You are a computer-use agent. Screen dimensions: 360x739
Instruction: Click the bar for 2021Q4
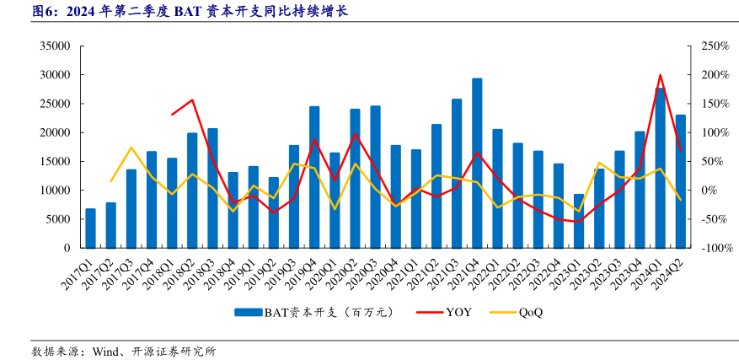click(x=477, y=164)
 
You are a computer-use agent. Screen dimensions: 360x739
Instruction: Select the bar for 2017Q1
click(x=90, y=228)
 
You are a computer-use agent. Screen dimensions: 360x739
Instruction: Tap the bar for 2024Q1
click(x=660, y=169)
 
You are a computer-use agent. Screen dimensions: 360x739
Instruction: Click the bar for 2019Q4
click(x=314, y=177)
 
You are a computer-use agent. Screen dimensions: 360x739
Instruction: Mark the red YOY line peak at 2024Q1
click(x=660, y=75)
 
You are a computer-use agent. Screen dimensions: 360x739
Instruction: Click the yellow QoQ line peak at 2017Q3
click(x=131, y=148)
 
